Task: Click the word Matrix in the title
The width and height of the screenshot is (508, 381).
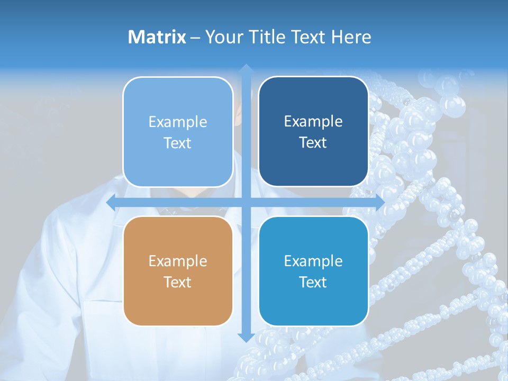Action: [157, 37]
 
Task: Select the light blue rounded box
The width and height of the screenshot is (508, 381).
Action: [178, 132]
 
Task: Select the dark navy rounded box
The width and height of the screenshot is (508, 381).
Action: [313, 132]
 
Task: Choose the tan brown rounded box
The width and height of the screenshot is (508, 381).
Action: [178, 271]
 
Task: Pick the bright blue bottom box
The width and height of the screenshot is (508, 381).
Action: [313, 271]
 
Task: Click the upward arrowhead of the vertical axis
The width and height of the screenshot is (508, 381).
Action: [246, 69]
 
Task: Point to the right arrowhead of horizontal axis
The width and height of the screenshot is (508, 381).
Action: [379, 203]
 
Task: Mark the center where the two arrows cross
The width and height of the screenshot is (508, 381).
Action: [246, 203]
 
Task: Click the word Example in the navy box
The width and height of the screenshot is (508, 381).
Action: [313, 122]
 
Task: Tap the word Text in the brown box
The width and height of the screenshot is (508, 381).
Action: [178, 282]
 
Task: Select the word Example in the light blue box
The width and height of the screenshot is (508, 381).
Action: [178, 122]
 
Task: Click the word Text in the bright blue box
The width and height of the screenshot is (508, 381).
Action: [313, 282]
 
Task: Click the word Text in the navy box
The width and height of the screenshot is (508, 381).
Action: [313, 143]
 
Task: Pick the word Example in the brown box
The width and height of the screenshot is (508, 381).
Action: [178, 261]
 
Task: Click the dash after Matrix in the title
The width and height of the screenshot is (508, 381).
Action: [195, 38]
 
